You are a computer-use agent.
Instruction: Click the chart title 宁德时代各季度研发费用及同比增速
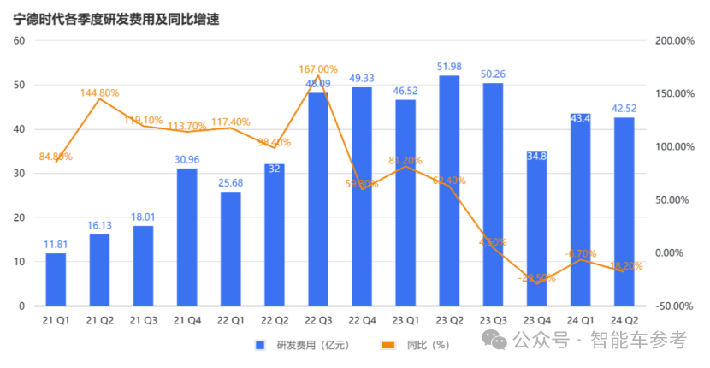(x=116, y=18)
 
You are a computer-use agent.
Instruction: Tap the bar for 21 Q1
(x=56, y=279)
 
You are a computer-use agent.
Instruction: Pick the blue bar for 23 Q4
(x=536, y=229)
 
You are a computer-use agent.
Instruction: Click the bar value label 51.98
(x=449, y=67)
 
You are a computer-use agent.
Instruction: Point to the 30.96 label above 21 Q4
(x=186, y=159)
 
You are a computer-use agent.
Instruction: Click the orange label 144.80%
(x=100, y=92)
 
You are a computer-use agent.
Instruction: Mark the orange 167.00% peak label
(x=318, y=69)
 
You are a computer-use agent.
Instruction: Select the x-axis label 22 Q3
(x=318, y=319)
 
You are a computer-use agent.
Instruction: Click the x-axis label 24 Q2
(x=624, y=319)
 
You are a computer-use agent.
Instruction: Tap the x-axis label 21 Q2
(x=100, y=319)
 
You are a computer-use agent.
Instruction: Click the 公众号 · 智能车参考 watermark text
(x=599, y=340)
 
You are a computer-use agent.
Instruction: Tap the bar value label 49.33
(x=362, y=79)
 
